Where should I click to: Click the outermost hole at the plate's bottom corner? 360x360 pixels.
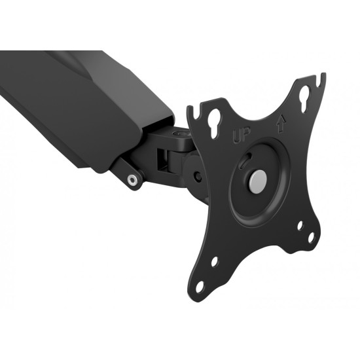click(x=199, y=287)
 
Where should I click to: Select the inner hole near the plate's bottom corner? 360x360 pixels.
click(x=214, y=262)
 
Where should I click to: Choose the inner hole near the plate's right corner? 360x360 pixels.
click(x=300, y=225)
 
